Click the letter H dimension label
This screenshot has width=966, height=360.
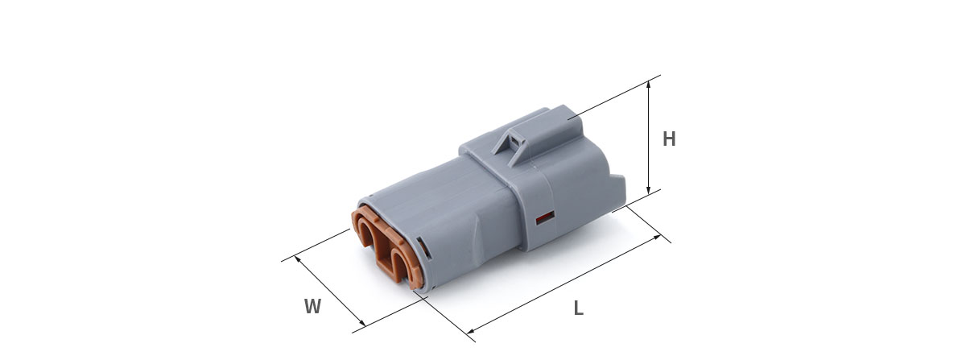pos(669,139)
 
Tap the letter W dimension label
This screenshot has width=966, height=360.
pos(312,306)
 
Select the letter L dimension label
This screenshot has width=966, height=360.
pos(578,308)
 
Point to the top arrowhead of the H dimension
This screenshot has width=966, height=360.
pos(648,83)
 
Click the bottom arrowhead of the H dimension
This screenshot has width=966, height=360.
pos(648,190)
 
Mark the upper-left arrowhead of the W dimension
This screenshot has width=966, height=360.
pos(297,259)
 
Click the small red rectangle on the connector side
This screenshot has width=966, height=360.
pos(545,218)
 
